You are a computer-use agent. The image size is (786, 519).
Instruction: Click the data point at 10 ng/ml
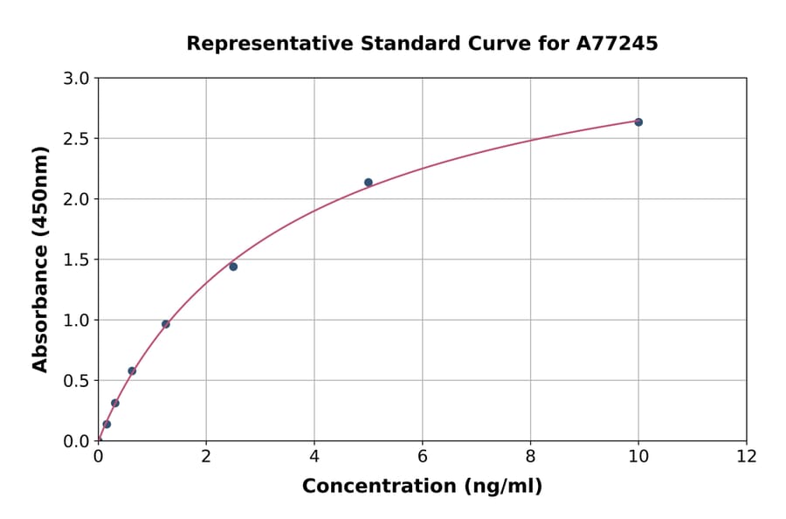tap(638, 122)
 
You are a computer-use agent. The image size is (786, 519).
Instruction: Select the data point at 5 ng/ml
tap(369, 183)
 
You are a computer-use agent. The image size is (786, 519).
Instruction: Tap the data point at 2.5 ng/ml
tap(233, 266)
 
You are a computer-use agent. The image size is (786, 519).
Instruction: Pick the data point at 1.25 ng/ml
tap(166, 324)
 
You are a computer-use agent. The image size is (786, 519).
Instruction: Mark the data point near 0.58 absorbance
tap(132, 371)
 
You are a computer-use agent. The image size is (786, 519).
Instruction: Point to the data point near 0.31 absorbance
tap(115, 403)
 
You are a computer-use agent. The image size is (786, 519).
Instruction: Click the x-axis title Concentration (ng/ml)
tap(422, 487)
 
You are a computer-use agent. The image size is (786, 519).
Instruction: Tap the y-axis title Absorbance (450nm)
tap(40, 259)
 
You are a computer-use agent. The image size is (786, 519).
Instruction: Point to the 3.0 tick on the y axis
tap(78, 79)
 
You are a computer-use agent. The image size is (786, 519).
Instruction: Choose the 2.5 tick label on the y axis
tap(78, 139)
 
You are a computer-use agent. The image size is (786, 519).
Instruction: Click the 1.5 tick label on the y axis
tap(78, 259)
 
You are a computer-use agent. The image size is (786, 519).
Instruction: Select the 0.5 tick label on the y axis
tap(78, 381)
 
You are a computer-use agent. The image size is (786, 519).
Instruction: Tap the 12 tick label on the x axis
tap(746, 456)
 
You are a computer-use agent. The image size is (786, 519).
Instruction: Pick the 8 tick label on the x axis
tap(530, 456)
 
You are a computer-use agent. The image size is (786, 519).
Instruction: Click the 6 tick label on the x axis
tap(422, 456)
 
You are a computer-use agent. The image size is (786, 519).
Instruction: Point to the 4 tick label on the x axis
tap(314, 456)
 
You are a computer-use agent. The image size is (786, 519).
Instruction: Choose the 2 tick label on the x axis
tap(206, 456)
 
